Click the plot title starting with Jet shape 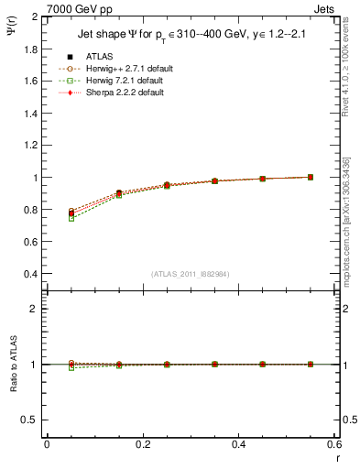pyautogui.click(x=192, y=36)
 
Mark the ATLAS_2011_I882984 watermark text pyautogui.click(x=190, y=274)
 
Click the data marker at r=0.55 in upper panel pyautogui.click(x=311, y=177)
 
